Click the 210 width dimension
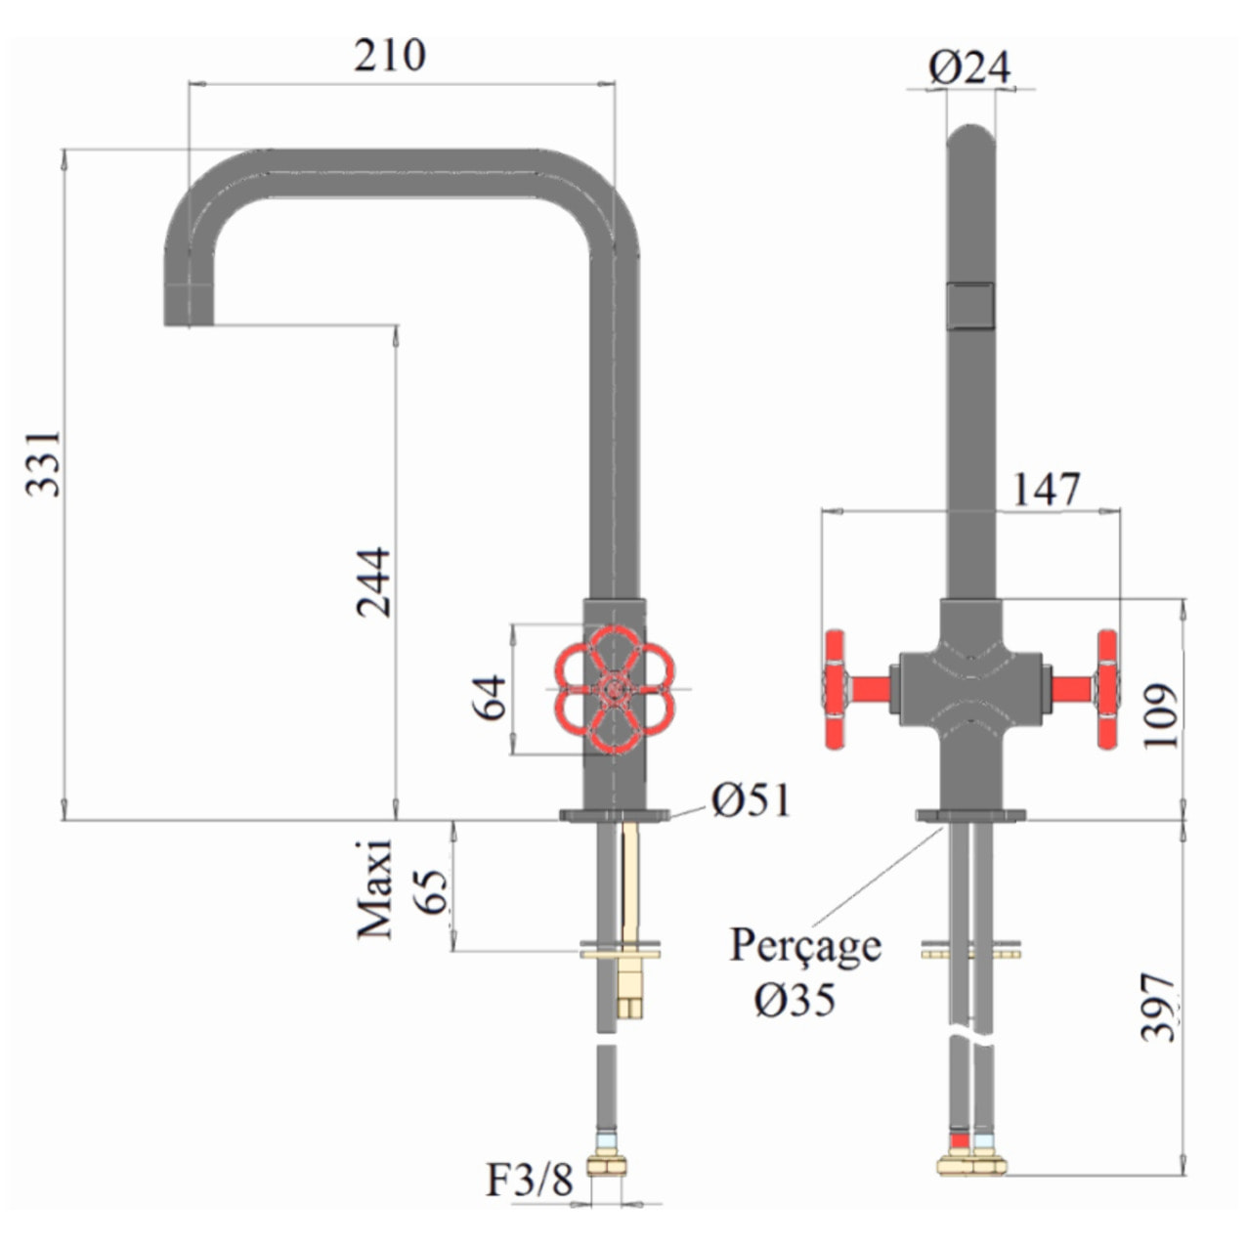(390, 56)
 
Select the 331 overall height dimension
(44, 462)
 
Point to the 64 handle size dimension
(493, 696)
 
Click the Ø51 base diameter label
(751, 800)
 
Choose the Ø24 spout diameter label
(969, 67)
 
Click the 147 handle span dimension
(1046, 490)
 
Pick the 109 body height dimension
(1161, 715)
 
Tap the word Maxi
(374, 889)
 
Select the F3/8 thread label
(530, 1181)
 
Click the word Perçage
(805, 945)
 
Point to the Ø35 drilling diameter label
(795, 999)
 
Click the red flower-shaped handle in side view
(613, 690)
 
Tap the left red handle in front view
(837, 690)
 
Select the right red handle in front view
(1106, 690)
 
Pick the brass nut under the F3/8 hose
(606, 1164)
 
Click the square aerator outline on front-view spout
(971, 304)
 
